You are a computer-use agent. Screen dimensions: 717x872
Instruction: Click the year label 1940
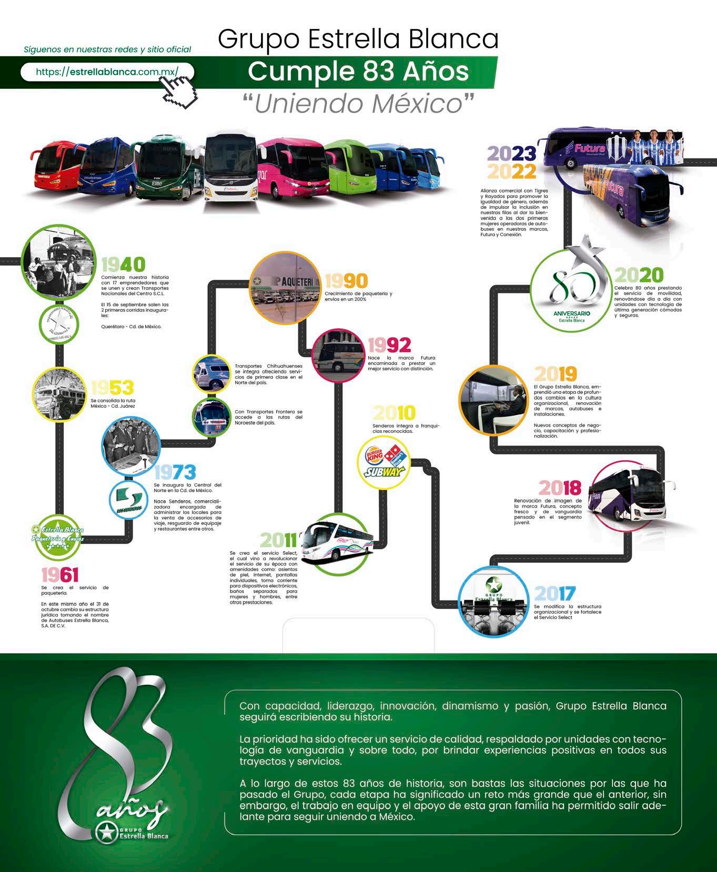tap(123, 265)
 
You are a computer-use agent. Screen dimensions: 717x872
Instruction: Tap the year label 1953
tap(112, 388)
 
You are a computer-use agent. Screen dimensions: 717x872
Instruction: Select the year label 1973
tap(175, 472)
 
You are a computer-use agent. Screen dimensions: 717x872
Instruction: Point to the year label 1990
tap(346, 281)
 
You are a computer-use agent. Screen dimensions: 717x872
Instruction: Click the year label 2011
tap(278, 540)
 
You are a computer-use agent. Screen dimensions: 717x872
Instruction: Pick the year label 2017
tap(555, 594)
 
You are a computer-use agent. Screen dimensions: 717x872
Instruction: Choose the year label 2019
tap(556, 374)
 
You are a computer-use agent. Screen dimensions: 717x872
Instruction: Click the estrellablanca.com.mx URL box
tap(107, 72)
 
